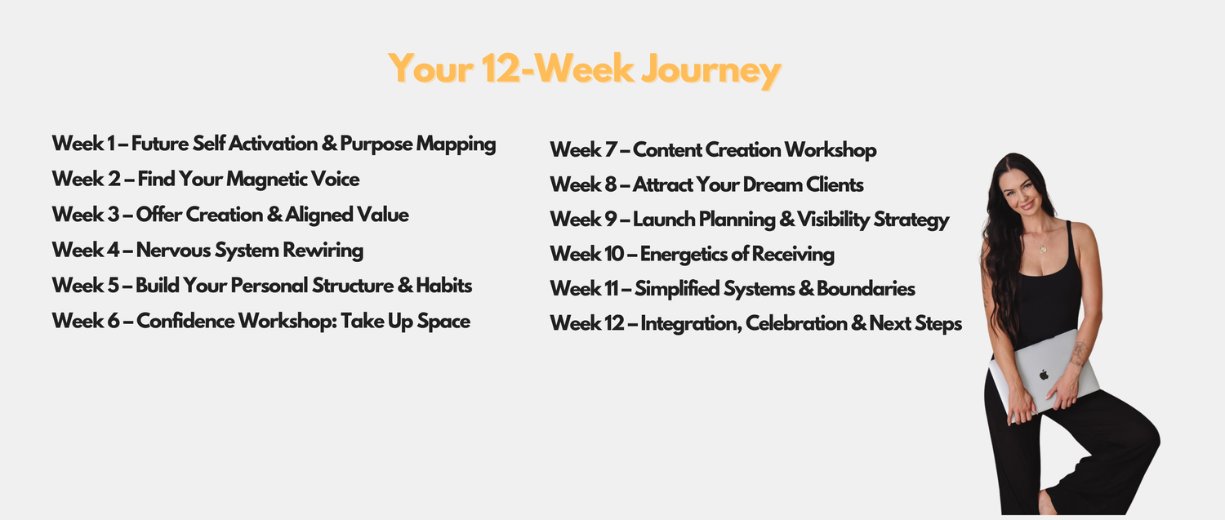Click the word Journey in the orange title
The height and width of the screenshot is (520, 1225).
pos(710,70)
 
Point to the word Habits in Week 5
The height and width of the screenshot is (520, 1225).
pos(443,286)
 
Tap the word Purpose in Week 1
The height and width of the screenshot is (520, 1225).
pos(376,144)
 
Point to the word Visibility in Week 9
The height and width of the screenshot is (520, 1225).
pos(833,220)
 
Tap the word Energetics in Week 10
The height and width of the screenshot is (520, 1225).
pos(683,255)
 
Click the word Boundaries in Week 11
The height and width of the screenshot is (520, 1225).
pos(866,289)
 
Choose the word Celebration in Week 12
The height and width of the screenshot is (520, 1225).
pos(796,324)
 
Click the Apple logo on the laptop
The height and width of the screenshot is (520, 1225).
pos(1044,375)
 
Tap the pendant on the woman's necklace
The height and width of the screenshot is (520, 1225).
pos(1043,249)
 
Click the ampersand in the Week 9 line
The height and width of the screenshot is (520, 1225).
pos(786,220)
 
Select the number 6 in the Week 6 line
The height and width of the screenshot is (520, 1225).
pos(114,321)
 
